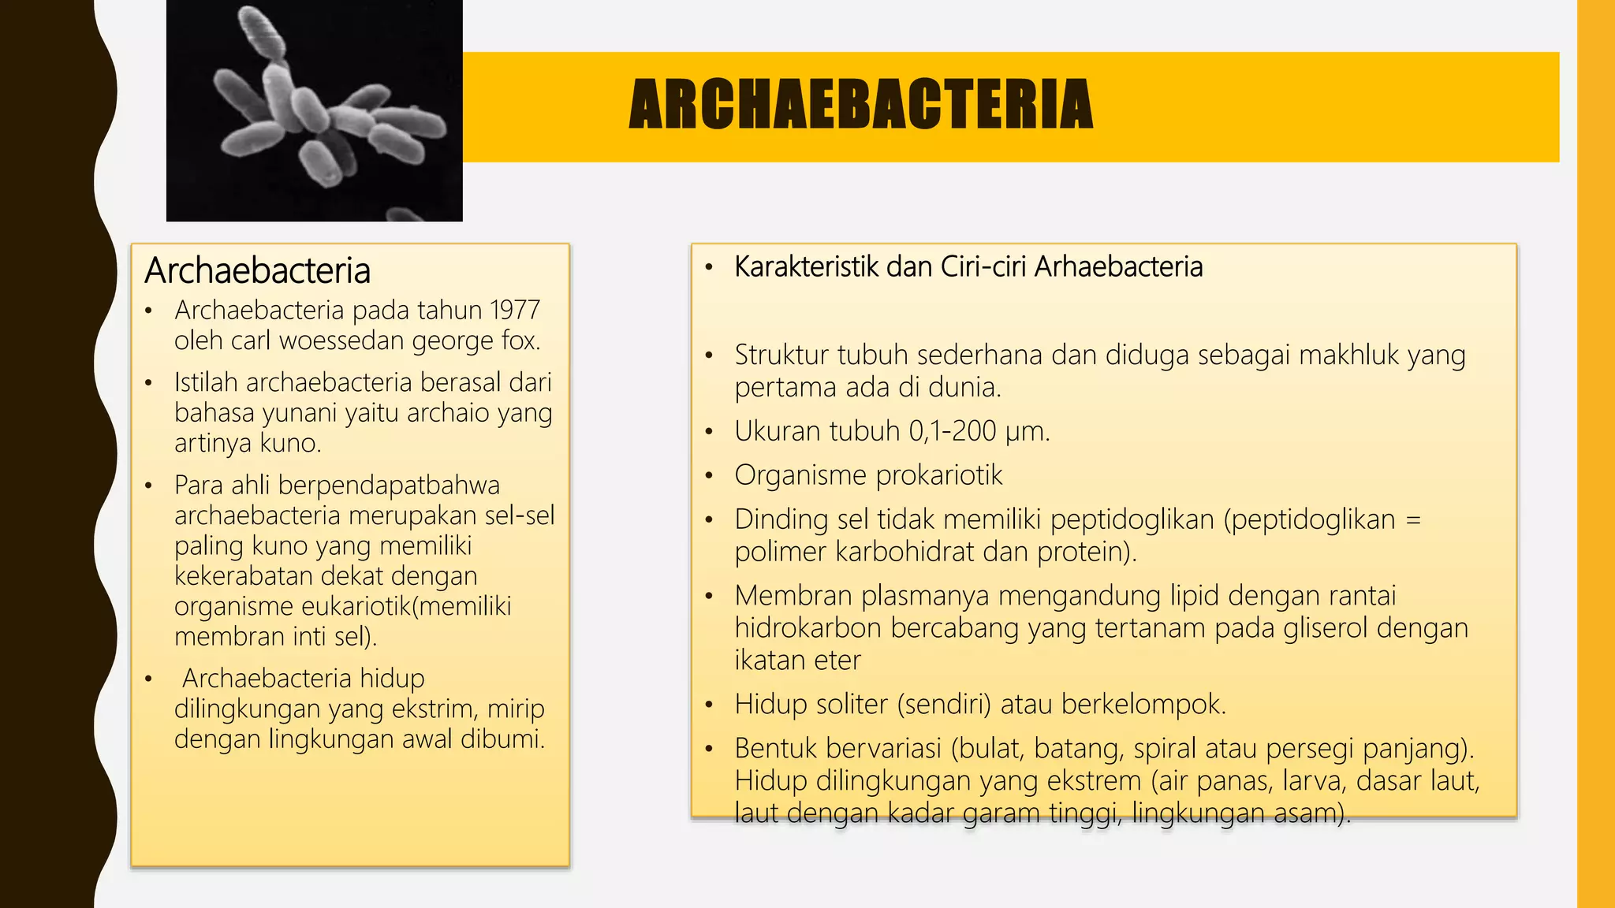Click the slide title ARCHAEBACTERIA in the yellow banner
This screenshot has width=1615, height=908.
(860, 104)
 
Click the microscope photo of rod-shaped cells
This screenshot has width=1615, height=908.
(315, 110)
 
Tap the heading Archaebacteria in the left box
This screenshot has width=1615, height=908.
(257, 270)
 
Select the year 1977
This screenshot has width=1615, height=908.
(514, 311)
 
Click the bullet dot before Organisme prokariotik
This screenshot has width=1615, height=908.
(709, 476)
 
